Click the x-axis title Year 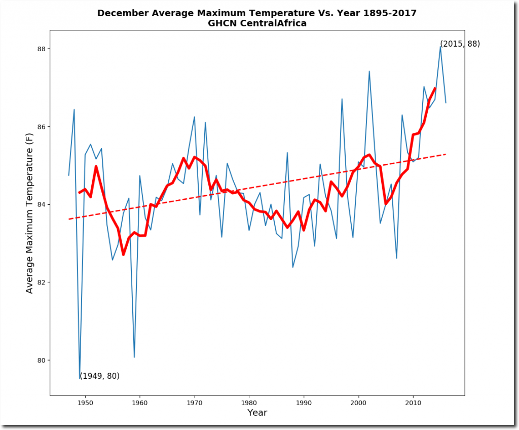pyautogui.click(x=257, y=413)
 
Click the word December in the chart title pyautogui.click(x=123, y=13)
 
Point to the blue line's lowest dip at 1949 pyautogui.click(x=80, y=378)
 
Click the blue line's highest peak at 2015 pyautogui.click(x=440, y=47)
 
